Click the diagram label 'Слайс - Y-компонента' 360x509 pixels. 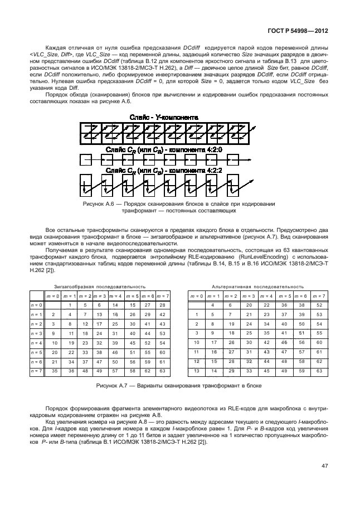pyautogui.click(x=163, y=117)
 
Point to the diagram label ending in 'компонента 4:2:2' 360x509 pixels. pyautogui.click(x=163, y=170)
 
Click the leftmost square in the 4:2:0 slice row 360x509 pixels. pyautogui.click(x=85, y=159)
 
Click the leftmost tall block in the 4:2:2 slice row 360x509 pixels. pyautogui.click(x=85, y=185)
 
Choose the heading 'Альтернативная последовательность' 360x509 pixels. pyautogui.click(x=258, y=286)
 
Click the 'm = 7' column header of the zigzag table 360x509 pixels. pyautogui.click(x=163, y=295)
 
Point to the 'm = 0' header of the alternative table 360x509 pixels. pyautogui.click(x=196, y=295)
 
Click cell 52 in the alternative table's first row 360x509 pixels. pyautogui.click(x=318, y=305)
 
